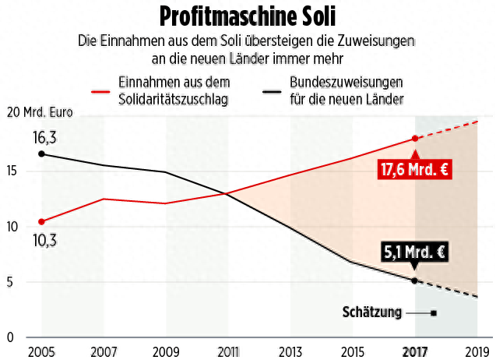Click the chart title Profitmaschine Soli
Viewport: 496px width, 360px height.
pyautogui.click(x=247, y=16)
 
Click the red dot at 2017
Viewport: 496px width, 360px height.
pyautogui.click(x=415, y=139)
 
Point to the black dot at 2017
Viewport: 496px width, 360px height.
pyautogui.click(x=414, y=281)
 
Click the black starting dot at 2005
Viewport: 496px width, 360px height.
pyautogui.click(x=41, y=154)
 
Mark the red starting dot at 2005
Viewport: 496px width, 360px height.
pyautogui.click(x=41, y=221)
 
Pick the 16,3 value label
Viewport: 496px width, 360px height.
pyautogui.click(x=44, y=138)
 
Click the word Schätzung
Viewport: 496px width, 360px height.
pyautogui.click(x=372, y=312)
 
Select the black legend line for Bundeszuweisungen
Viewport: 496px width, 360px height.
pyautogui.click(x=272, y=90)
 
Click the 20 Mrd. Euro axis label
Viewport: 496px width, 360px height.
pyautogui.click(x=40, y=113)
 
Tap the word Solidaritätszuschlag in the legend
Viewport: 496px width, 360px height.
pyautogui.click(x=172, y=99)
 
